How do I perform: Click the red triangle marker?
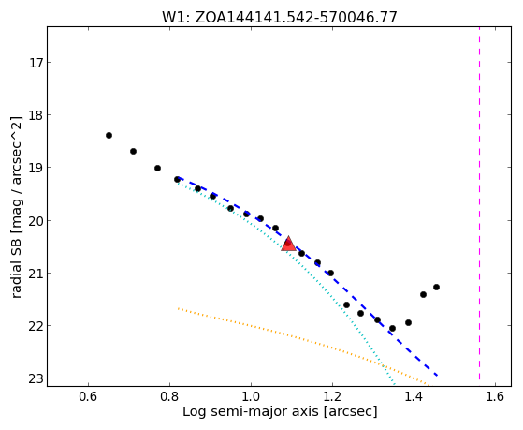pyautogui.click(x=288, y=244)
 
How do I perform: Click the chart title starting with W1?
pyautogui.click(x=280, y=18)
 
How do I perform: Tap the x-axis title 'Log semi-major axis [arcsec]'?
pyautogui.click(x=280, y=411)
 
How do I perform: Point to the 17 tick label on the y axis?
pyautogui.click(x=36, y=63)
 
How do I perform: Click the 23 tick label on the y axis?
pyautogui.click(x=36, y=378)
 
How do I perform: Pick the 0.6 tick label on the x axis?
pyautogui.click(x=88, y=396)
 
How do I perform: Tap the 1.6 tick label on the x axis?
pyautogui.click(x=495, y=396)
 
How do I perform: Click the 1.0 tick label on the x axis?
pyautogui.click(x=251, y=396)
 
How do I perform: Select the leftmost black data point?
pyautogui.click(x=109, y=135)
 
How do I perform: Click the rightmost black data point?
pyautogui.click(x=436, y=287)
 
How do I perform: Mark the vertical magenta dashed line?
pyautogui.click(x=480, y=203)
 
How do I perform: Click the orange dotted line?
pyautogui.click(x=303, y=347)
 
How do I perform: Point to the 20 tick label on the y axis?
pyautogui.click(x=36, y=220)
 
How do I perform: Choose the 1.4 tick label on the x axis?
pyautogui.click(x=414, y=396)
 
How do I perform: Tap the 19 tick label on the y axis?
pyautogui.click(x=36, y=168)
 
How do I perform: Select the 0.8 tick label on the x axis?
pyautogui.click(x=169, y=396)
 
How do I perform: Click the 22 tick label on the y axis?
pyautogui.click(x=36, y=325)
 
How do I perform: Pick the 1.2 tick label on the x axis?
pyautogui.click(x=332, y=396)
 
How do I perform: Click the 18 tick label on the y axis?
pyautogui.click(x=36, y=115)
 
